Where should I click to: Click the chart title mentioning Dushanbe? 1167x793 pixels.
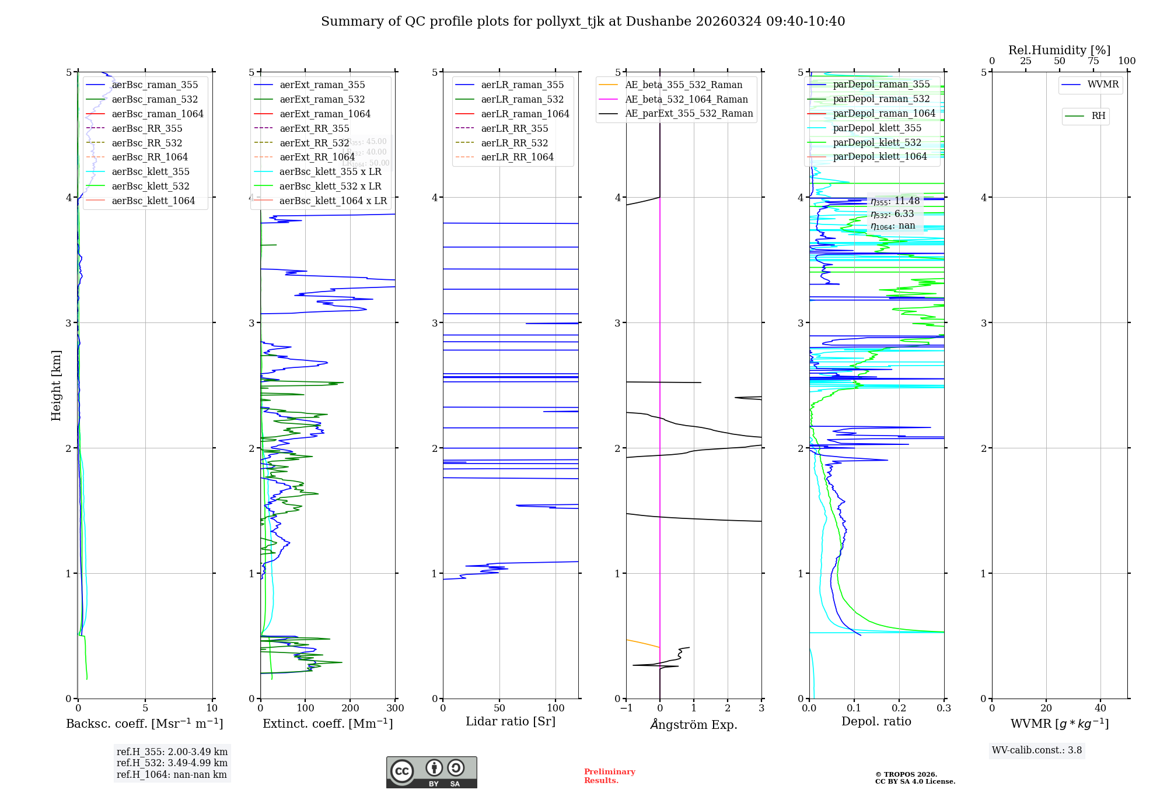pos(583,22)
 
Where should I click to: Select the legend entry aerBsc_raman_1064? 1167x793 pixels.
pos(158,114)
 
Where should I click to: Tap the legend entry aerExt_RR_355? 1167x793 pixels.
pos(315,128)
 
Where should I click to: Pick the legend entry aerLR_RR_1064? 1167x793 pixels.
pos(517,157)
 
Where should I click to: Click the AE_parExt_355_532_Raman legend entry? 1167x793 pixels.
pos(689,113)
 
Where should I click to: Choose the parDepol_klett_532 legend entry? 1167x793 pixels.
pos(877,142)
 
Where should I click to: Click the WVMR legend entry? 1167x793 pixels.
pos(1103,85)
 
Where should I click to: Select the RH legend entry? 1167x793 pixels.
pos(1098,116)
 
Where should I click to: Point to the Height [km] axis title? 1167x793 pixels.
pos(56,385)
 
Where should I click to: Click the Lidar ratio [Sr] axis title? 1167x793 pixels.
pos(511,721)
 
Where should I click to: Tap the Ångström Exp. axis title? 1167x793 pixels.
pos(694,724)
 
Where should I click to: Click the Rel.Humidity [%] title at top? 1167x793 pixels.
pos(1059,50)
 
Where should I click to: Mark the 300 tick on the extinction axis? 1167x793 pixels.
pos(395,708)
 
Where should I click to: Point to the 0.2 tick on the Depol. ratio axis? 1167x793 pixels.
pos(899,708)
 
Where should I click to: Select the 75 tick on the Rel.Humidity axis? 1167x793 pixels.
pos(1093,61)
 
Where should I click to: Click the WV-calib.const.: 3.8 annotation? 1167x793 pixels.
pos(1037,750)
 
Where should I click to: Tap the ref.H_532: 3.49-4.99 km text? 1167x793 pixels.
pos(172,763)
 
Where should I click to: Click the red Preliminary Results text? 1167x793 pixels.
pos(609,776)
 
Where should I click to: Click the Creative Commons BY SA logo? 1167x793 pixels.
pos(431,772)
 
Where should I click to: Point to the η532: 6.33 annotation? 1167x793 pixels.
pos(892,214)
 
